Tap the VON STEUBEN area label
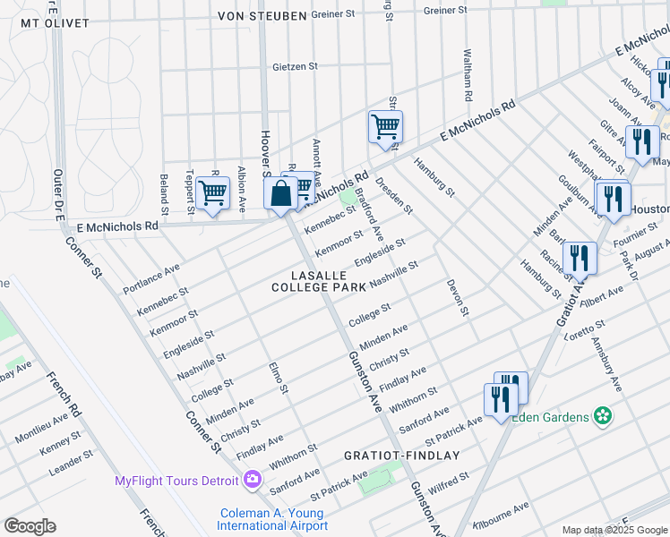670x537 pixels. click(x=262, y=16)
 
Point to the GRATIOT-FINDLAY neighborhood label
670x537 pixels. click(x=402, y=456)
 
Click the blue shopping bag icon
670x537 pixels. click(x=280, y=193)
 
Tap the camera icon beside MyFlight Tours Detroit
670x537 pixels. click(x=253, y=481)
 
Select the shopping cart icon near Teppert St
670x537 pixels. click(x=212, y=192)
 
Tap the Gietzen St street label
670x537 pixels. click(x=296, y=66)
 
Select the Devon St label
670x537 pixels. click(x=457, y=297)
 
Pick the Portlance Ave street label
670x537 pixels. click(x=151, y=274)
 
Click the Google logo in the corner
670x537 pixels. click(x=30, y=526)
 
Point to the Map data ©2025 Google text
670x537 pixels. click(x=614, y=530)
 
